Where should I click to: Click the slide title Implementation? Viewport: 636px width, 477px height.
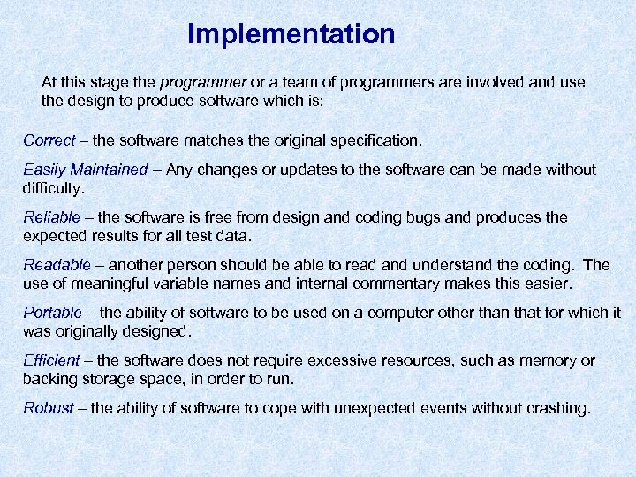coord(291,34)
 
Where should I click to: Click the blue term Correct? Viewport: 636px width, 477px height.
coord(49,140)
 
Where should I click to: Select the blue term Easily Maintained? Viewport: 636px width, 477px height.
coord(86,170)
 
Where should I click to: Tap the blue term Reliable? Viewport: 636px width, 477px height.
coord(51,217)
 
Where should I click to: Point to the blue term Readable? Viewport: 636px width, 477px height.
coord(57,265)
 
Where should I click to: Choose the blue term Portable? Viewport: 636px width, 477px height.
coord(52,313)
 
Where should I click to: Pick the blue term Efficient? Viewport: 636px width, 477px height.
coord(51,360)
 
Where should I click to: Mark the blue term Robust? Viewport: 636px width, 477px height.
coord(49,408)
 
